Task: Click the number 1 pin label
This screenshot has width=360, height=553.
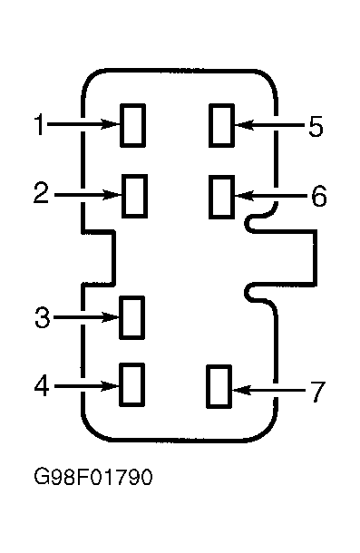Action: coord(40,124)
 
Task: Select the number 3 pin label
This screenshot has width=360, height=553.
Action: coord(43,317)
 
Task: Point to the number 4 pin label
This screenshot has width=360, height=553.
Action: coord(42,386)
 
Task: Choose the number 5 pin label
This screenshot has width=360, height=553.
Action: coord(316,126)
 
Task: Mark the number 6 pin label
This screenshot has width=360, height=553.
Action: coord(319,196)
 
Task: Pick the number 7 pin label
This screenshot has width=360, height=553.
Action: coord(317,392)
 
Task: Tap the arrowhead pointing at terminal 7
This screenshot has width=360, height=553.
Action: coord(241,390)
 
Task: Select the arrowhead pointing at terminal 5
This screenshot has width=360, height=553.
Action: coord(244,125)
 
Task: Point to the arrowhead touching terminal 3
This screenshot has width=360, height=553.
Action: coord(111,317)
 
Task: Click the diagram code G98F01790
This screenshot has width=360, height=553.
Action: coord(93,477)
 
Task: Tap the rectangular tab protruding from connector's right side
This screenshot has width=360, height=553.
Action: coord(316,257)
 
